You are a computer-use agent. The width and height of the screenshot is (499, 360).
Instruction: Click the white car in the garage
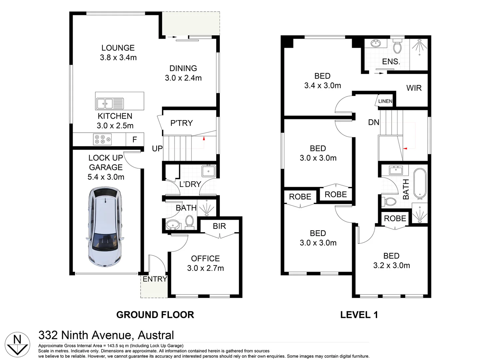pyautogui.click(x=105, y=227)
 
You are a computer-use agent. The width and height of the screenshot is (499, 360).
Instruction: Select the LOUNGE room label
pyautogui.click(x=118, y=48)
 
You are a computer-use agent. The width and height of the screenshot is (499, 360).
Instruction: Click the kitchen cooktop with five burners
pyautogui.click(x=102, y=140)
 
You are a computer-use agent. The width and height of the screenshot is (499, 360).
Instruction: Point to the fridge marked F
pyautogui.click(x=135, y=140)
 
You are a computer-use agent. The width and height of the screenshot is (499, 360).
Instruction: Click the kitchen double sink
pyautogui.click(x=110, y=104)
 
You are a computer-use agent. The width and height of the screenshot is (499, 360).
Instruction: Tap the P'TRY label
pyautogui.click(x=182, y=123)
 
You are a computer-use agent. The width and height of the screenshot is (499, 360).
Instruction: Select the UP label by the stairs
pyautogui.click(x=157, y=148)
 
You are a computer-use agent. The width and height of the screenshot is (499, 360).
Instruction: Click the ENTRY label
pyautogui.click(x=155, y=279)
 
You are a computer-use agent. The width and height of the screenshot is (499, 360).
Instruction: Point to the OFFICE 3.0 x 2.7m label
pyautogui.click(x=206, y=263)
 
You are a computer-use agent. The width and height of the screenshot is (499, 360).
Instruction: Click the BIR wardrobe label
pyautogui.click(x=220, y=226)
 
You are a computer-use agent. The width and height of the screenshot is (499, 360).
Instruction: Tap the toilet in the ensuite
pyautogui.click(x=397, y=46)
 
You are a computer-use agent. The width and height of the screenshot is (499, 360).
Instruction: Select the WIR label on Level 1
pyautogui.click(x=414, y=88)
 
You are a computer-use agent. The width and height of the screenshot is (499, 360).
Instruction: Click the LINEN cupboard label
pyautogui.click(x=385, y=101)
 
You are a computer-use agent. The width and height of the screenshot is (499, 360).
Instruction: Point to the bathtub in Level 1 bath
pyautogui.click(x=420, y=183)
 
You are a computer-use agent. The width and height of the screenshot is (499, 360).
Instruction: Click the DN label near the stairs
pyautogui.click(x=373, y=122)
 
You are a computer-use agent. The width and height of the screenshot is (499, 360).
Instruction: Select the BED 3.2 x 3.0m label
pyautogui.click(x=392, y=261)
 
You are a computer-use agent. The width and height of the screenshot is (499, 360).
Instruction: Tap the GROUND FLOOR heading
pyautogui.click(x=155, y=315)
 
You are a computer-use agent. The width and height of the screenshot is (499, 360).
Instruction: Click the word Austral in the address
pyautogui.click(x=156, y=335)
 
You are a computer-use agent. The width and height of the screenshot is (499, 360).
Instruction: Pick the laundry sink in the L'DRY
pyautogui.click(x=209, y=171)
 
